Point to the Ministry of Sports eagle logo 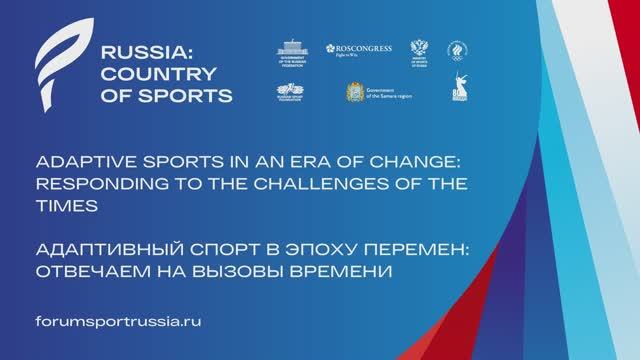point(419,54)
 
